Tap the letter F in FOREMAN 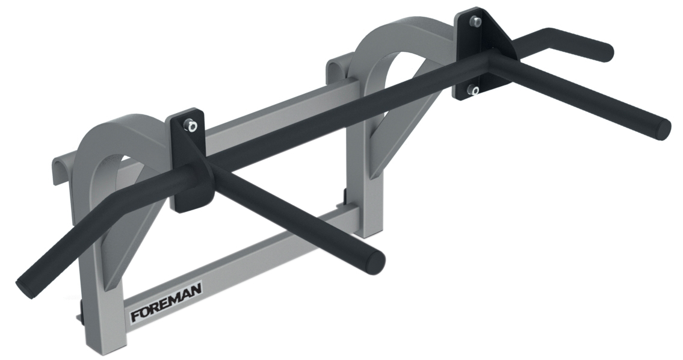pos(136,316)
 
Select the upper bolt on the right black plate pos(475,22)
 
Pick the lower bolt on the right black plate pos(474,91)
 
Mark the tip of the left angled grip pos(26,283)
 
